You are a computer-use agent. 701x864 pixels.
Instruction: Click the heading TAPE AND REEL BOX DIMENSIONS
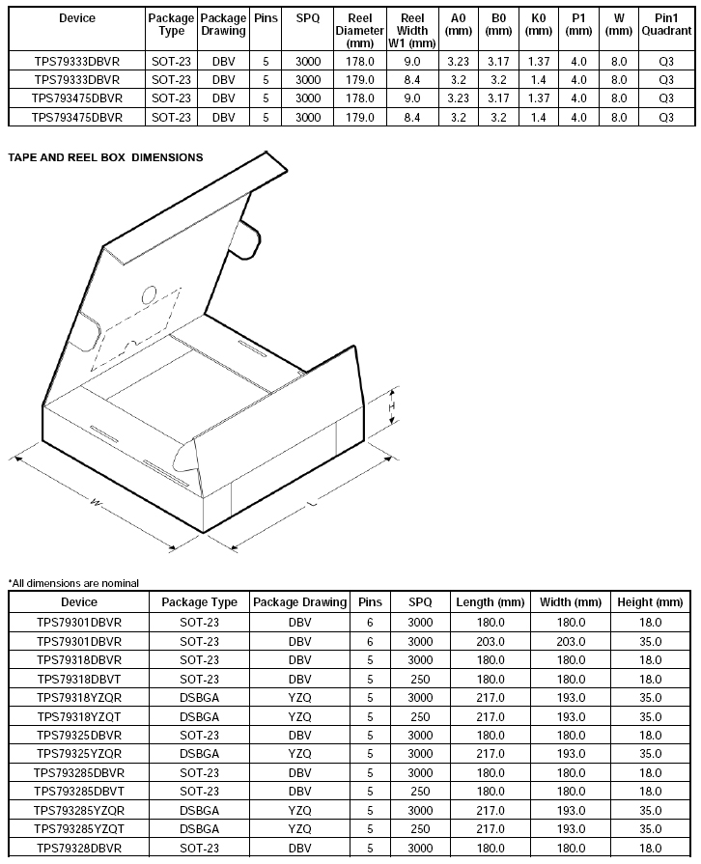[105, 156]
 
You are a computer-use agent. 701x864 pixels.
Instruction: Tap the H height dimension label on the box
[391, 407]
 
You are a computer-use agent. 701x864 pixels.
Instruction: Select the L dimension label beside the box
[310, 504]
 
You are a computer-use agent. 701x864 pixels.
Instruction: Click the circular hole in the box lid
[149, 293]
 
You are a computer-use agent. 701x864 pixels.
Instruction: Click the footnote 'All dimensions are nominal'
[73, 582]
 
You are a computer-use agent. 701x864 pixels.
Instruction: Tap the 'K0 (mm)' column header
[539, 24]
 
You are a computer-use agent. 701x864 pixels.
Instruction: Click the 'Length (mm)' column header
[491, 602]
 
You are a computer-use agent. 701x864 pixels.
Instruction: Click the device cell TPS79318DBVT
[79, 679]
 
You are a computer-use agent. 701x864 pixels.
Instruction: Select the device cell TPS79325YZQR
[79, 753]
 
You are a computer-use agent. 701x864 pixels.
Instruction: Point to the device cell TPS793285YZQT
[79, 828]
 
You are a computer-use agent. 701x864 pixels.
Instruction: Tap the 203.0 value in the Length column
[491, 641]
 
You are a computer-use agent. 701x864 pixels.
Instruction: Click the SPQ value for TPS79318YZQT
[420, 716]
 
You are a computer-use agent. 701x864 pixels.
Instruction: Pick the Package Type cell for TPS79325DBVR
[199, 735]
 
